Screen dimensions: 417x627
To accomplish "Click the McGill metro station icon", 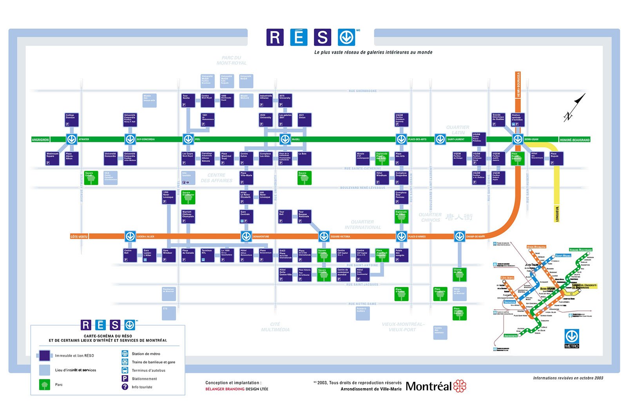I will coord(285,139).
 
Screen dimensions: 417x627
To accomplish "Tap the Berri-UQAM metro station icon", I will coord(518,139).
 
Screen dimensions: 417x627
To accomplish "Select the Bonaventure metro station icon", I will coord(246,236).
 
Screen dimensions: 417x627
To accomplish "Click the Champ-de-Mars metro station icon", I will coord(459,236).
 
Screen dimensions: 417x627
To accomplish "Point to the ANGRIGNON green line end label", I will coord(40,140).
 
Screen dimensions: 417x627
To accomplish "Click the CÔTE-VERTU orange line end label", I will coord(79,237).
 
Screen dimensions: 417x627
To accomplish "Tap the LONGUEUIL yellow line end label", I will coord(557,214).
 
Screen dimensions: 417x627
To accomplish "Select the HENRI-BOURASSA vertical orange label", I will coord(518,84).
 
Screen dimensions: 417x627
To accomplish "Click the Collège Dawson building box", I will coord(72,120).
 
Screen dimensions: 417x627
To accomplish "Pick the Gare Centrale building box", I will coord(246,216).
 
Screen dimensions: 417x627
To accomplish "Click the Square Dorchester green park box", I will coord(188,197).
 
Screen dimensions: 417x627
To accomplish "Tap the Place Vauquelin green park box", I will coord(440,294).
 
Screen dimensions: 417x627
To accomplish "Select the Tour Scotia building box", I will coord(188,101).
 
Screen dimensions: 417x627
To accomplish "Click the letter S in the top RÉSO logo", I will coord(322,38).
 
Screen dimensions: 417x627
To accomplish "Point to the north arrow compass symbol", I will coord(574,108).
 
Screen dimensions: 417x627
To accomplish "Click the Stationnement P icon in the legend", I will coord(125,378).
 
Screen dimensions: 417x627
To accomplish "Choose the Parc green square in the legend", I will coord(45,385).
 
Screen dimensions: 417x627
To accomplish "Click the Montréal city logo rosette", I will coord(460,386).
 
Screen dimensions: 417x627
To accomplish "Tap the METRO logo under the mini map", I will coord(571,338).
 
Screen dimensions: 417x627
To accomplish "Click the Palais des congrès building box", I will coord(401,255).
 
